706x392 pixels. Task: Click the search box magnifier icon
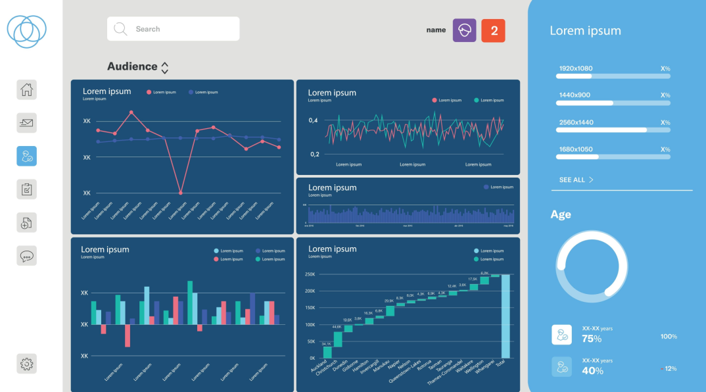(x=120, y=29)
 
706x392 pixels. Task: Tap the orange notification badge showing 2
(x=493, y=30)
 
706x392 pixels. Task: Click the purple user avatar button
(x=464, y=30)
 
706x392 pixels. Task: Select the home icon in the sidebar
(x=27, y=89)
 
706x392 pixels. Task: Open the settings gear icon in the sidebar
(x=27, y=363)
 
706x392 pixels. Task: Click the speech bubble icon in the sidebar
(x=27, y=255)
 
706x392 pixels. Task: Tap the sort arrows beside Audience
(x=165, y=67)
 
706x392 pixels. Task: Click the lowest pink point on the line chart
(x=180, y=193)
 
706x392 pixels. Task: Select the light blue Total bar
(x=506, y=316)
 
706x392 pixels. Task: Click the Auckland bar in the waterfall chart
(x=327, y=353)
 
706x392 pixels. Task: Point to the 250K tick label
(x=310, y=274)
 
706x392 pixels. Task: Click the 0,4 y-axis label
(x=313, y=120)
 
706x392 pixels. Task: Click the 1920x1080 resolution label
(x=576, y=68)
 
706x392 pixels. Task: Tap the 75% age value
(x=592, y=339)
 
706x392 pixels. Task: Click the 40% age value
(x=592, y=371)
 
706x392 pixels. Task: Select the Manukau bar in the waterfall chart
(x=390, y=310)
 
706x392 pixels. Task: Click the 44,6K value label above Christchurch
(x=337, y=327)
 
